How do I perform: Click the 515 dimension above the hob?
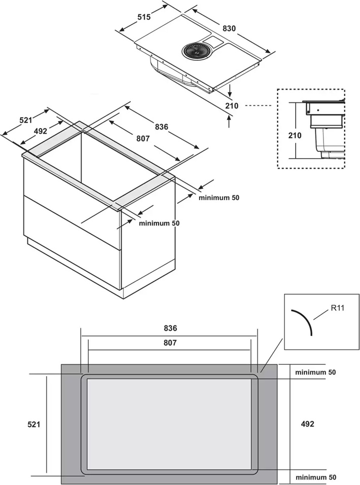144,18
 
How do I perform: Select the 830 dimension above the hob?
229,29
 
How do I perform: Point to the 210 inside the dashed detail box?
294,135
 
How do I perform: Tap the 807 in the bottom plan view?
169,343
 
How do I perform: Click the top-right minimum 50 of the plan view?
315,372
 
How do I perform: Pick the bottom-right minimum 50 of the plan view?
315,477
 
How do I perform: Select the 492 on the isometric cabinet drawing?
40,131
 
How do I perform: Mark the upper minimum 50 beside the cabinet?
219,198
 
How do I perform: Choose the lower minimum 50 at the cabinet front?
159,223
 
